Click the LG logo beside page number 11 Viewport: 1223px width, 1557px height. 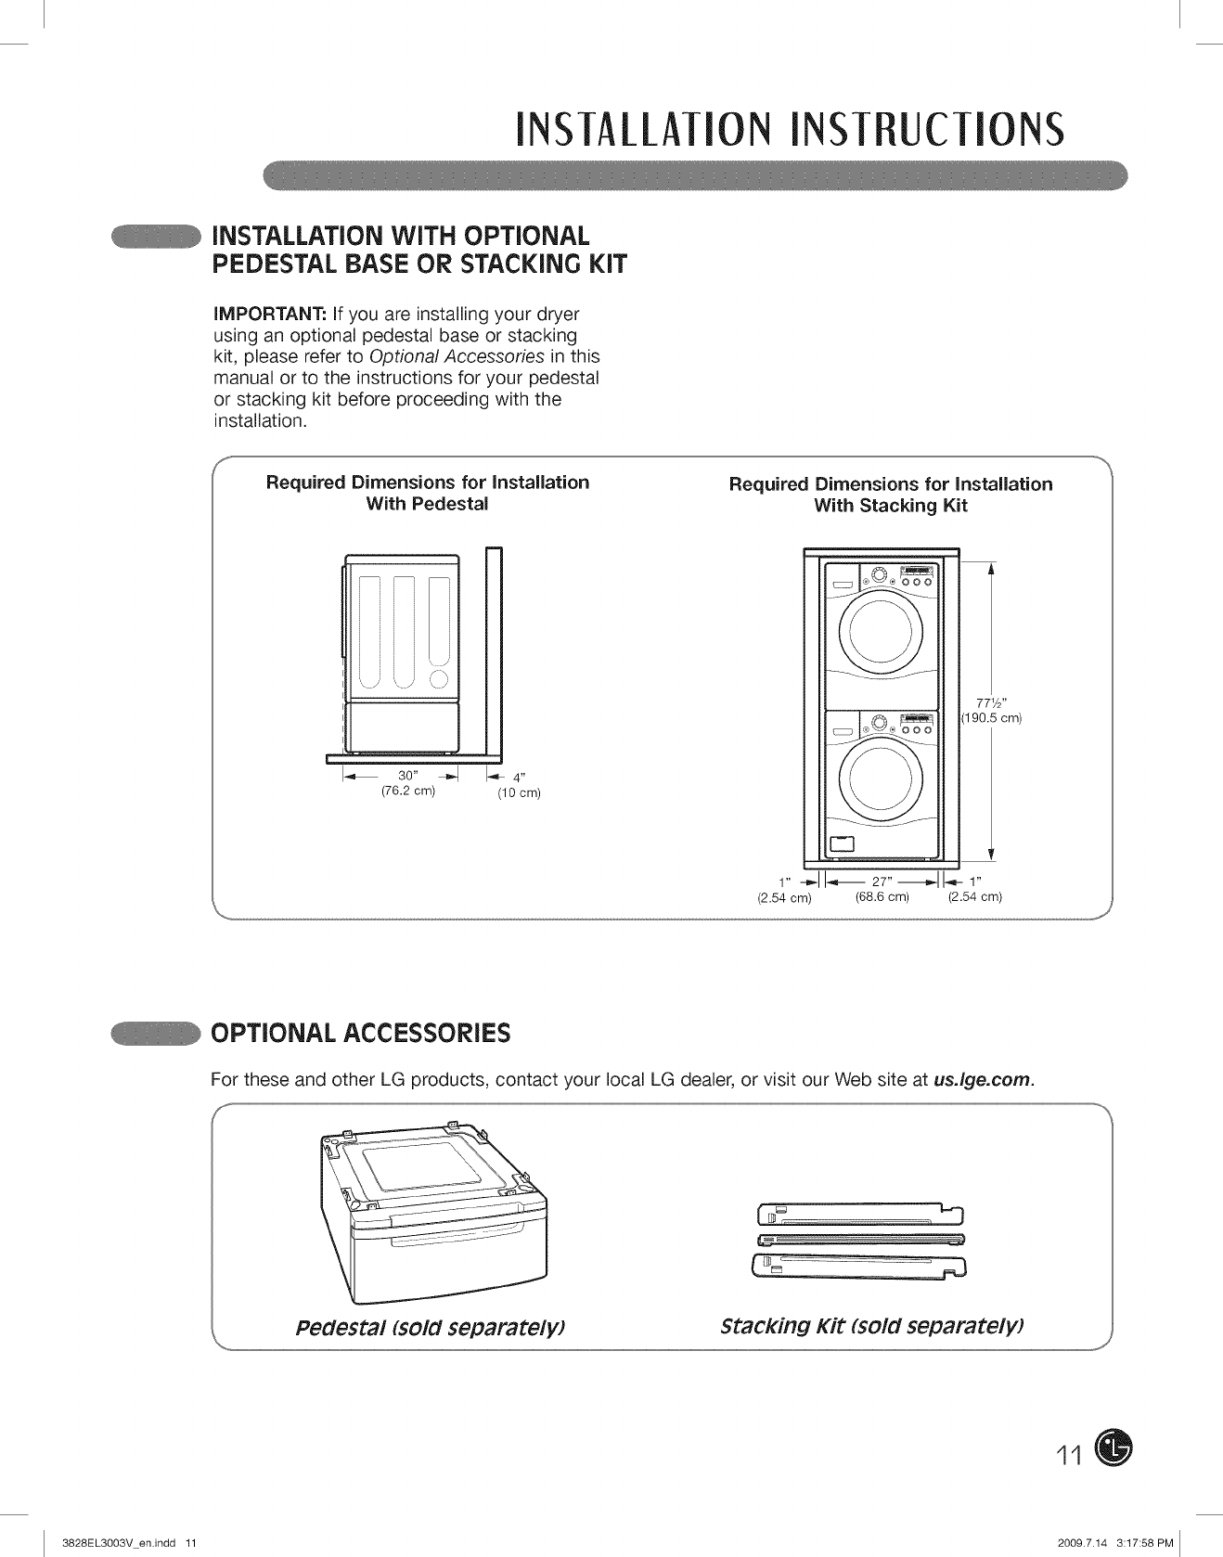(1114, 1448)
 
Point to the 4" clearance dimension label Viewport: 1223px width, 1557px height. (520, 778)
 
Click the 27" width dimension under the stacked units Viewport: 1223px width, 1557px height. (881, 881)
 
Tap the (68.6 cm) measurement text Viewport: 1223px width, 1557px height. (882, 897)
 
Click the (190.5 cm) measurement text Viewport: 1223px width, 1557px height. (990, 717)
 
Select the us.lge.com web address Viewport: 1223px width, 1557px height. (983, 1080)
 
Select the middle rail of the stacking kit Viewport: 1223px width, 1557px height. (861, 1239)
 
